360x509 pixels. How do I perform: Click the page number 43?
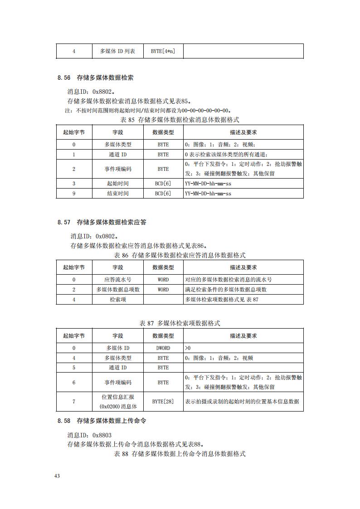pyautogui.click(x=57, y=476)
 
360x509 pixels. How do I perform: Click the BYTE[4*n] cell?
pyautogui.click(x=163, y=51)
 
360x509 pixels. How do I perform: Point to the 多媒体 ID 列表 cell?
pyautogui.click(x=117, y=51)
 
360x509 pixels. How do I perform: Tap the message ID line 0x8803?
pyautogui.click(x=89, y=435)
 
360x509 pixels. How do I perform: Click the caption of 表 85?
pyautogui.click(x=180, y=120)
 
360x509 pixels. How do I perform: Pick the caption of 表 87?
pyautogui.click(x=180, y=323)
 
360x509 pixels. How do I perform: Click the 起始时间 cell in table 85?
pyautogui.click(x=117, y=184)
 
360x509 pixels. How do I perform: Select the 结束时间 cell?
pyautogui.click(x=117, y=194)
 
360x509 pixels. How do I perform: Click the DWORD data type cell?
pyautogui.click(x=163, y=348)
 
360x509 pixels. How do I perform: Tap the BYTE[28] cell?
pyautogui.click(x=163, y=402)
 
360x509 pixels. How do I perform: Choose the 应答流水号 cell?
pyautogui.click(x=117, y=280)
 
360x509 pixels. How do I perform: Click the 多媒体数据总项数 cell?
pyautogui.click(x=117, y=290)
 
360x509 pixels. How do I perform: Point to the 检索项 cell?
pyautogui.click(x=117, y=300)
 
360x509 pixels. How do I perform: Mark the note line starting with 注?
pyautogui.click(x=147, y=110)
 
